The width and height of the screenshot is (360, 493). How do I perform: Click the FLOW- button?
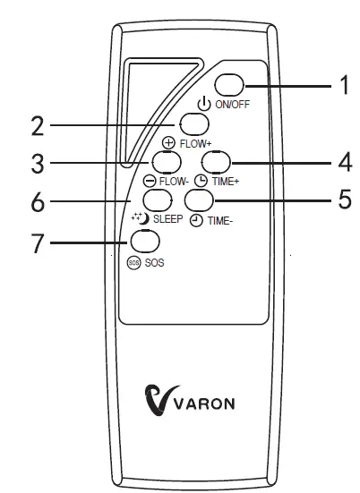(x=165, y=161)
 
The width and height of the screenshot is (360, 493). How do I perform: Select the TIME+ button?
(x=216, y=161)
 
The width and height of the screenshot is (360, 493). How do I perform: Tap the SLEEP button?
(x=155, y=199)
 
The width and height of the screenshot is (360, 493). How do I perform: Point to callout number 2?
(x=38, y=125)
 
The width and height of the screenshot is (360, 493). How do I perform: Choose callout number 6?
(x=38, y=202)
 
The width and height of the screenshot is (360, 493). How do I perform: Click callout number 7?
(x=38, y=242)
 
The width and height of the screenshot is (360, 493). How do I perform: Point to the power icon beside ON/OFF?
(x=203, y=104)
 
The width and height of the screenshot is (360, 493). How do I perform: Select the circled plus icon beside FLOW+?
(x=167, y=142)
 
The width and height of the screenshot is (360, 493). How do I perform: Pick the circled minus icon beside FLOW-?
(x=151, y=180)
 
